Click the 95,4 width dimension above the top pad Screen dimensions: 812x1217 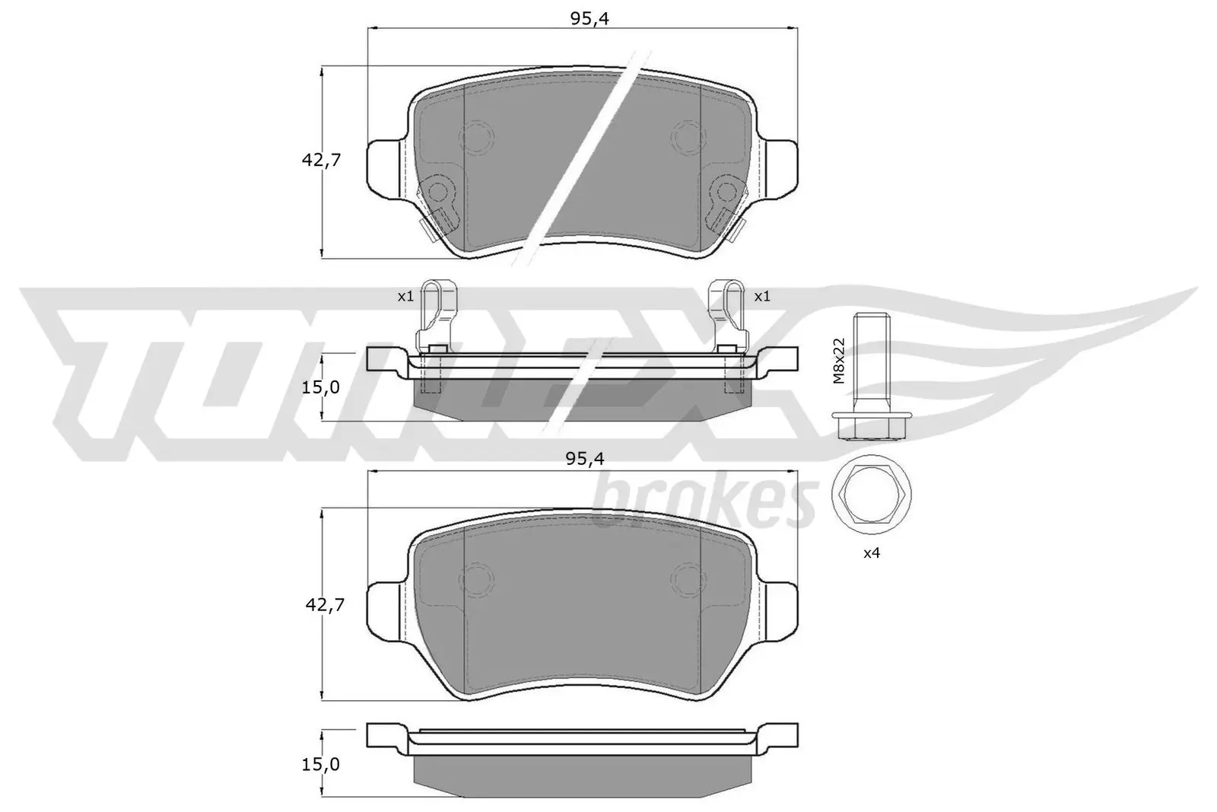pyautogui.click(x=589, y=18)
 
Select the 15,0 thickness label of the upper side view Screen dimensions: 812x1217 pyautogui.click(x=320, y=387)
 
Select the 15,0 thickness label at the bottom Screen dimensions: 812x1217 pyautogui.click(x=320, y=764)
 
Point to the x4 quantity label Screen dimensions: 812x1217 pyautogui.click(x=872, y=553)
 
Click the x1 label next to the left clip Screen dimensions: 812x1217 pyautogui.click(x=405, y=296)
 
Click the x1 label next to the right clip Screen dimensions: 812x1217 pyautogui.click(x=762, y=296)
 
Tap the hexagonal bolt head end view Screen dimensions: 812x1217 pyautogui.click(x=872, y=494)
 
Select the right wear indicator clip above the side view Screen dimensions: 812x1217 pyautogui.click(x=727, y=313)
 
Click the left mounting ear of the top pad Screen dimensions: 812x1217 pyautogui.click(x=386, y=165)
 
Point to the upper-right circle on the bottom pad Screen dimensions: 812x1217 pyautogui.click(x=688, y=580)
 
